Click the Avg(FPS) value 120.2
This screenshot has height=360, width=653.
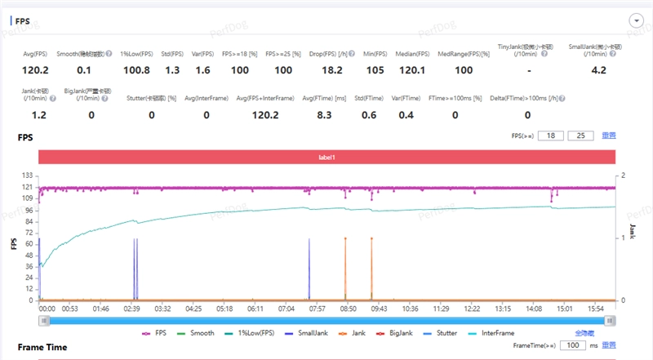[x=36, y=70]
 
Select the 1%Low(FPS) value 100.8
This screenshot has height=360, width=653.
[x=136, y=70]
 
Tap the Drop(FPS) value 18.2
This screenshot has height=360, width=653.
[x=332, y=70]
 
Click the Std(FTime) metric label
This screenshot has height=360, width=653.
[x=370, y=98]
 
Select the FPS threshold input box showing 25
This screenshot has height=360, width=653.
[x=580, y=135]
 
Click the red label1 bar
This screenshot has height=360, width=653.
[x=326, y=156]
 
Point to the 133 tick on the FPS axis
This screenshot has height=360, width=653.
[x=29, y=176]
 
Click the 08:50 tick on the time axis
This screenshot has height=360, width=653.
[x=349, y=309]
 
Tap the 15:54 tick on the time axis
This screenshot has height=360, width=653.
[x=595, y=309]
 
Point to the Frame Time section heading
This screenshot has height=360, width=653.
[x=42, y=347]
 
